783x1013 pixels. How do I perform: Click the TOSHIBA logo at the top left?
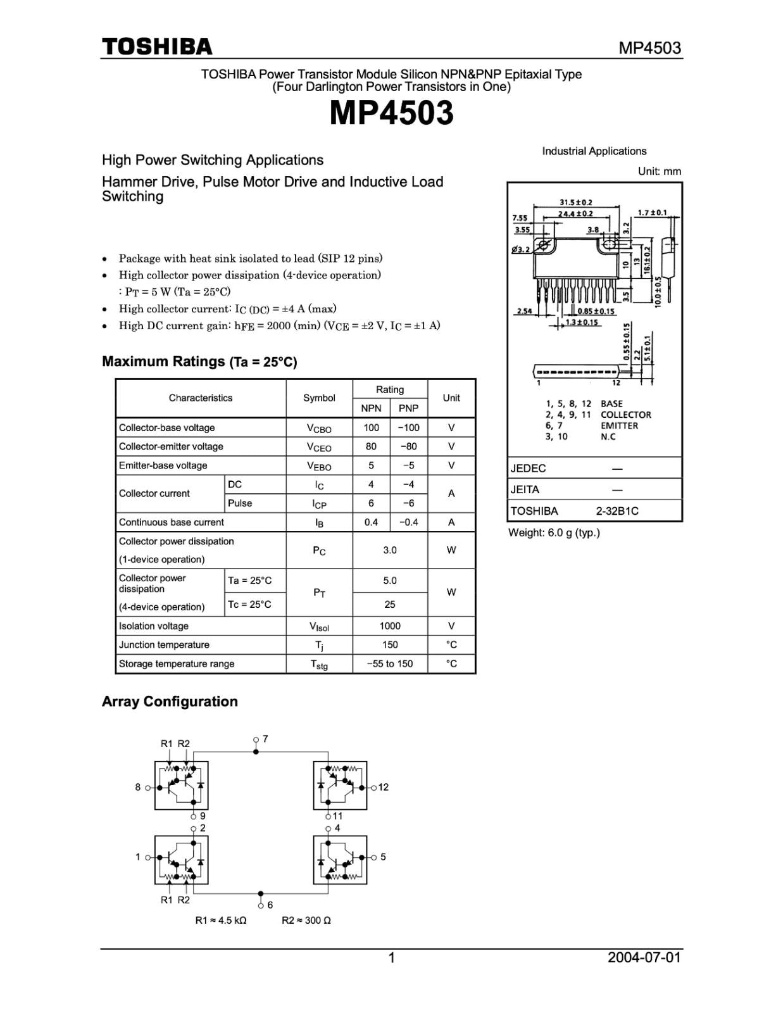point(157,47)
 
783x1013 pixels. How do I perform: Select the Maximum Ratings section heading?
point(199,362)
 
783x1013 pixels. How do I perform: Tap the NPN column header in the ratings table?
point(371,408)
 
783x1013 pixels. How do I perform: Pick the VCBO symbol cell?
point(319,429)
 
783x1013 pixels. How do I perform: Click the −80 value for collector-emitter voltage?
point(408,446)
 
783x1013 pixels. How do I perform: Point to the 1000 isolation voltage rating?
point(390,626)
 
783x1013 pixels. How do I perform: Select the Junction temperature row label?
point(164,645)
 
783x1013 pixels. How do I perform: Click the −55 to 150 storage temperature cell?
point(390,664)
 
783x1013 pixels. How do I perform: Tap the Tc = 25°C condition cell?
point(249,605)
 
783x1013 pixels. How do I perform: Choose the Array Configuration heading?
point(170,702)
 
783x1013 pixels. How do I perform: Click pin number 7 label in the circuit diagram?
point(265,739)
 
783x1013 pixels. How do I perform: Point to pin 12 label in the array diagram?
point(383,788)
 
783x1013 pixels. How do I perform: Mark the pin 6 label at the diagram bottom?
point(270,905)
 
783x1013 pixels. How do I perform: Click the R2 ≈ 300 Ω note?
point(306,921)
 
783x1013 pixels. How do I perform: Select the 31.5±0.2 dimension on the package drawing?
point(576,203)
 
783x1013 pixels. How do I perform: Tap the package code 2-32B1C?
point(617,511)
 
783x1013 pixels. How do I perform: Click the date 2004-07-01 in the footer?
point(644,957)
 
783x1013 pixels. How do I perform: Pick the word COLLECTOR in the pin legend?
point(625,415)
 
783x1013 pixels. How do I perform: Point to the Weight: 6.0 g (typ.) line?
point(554,532)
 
